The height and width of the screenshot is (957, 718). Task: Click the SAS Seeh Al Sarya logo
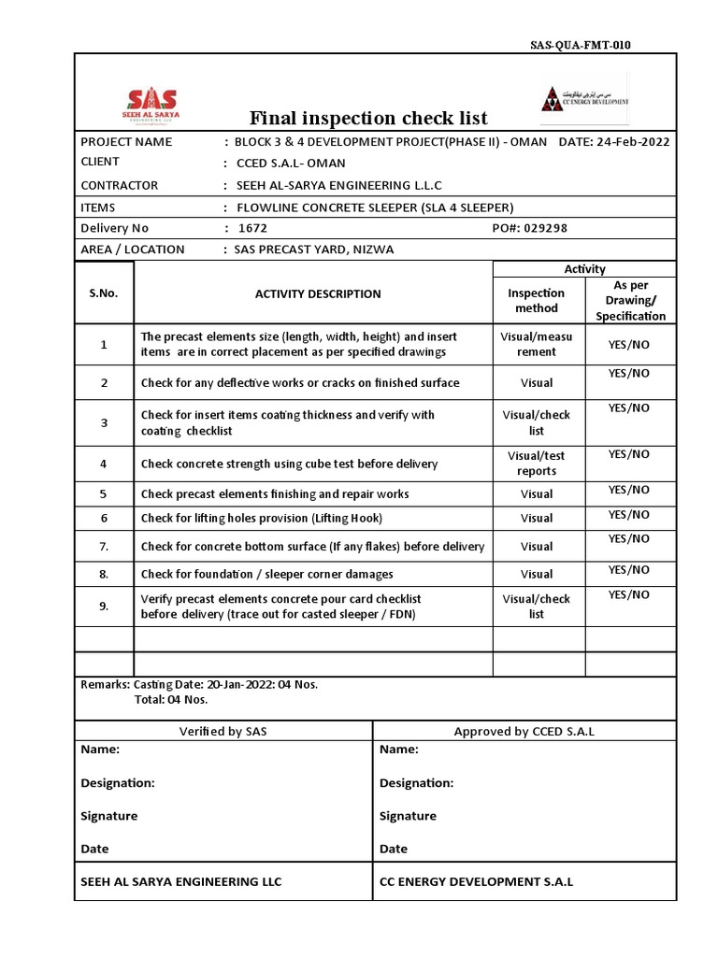tap(152, 106)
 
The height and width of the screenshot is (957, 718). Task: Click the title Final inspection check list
tap(368, 118)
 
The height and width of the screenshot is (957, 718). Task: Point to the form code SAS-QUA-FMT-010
tap(574, 45)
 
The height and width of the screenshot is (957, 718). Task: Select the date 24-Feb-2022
tap(628, 142)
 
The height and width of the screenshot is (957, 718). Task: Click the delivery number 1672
tap(253, 228)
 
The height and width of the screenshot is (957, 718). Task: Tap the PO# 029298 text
tap(529, 228)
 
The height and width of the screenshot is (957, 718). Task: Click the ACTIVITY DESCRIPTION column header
tap(318, 293)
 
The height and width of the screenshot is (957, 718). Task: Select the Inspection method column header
tap(537, 300)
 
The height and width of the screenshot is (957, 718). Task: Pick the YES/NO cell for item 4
tap(629, 454)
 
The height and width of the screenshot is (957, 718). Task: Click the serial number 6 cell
tap(104, 518)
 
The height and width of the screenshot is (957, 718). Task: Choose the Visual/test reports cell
tap(537, 463)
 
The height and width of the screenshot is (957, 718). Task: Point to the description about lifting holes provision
tap(262, 518)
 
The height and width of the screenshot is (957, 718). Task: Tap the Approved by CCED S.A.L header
tap(524, 731)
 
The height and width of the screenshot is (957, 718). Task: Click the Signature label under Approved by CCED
tap(408, 816)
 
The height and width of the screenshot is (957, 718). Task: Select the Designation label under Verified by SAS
tap(118, 783)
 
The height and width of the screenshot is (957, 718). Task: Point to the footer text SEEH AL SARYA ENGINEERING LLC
tap(181, 881)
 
